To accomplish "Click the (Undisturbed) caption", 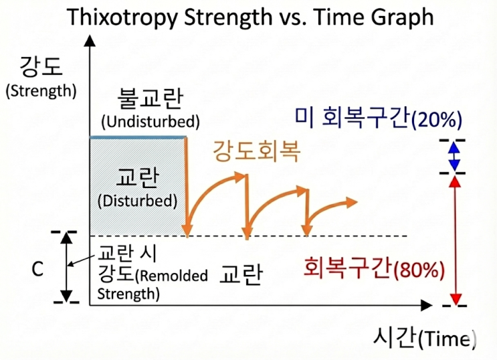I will coord(151,122).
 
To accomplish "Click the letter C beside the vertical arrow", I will coord(38,269).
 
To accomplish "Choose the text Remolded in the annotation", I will coord(184,276).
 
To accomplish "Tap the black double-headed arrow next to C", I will coord(66,268).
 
